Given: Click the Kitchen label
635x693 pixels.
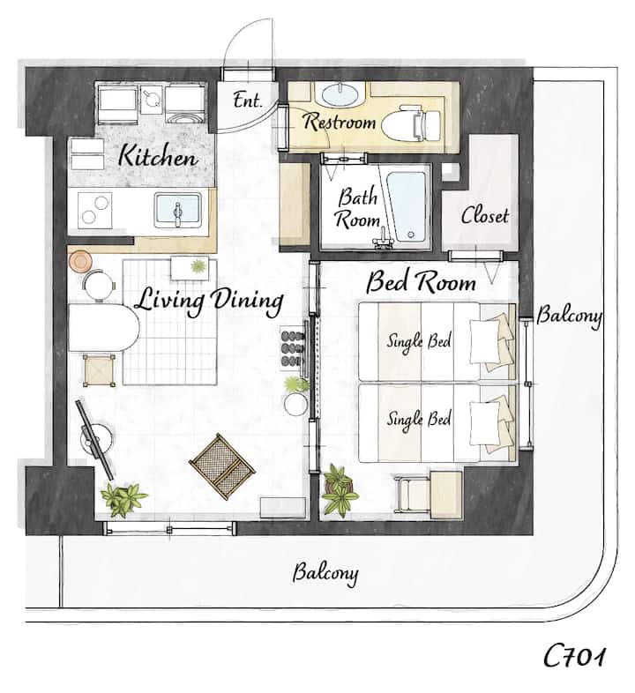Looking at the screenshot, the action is pyautogui.click(x=157, y=156).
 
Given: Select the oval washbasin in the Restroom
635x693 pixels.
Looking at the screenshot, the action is pyautogui.click(x=340, y=94).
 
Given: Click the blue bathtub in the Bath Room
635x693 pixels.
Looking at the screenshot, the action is pyautogui.click(x=406, y=206).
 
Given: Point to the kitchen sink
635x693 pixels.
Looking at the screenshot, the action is pyautogui.click(x=178, y=211).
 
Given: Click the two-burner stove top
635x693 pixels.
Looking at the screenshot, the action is pyautogui.click(x=94, y=211).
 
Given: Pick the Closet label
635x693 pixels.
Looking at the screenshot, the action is pyautogui.click(x=485, y=216).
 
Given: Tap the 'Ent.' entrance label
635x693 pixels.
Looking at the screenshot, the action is pyautogui.click(x=248, y=100).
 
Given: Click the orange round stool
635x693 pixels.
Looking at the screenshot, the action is pyautogui.click(x=80, y=261).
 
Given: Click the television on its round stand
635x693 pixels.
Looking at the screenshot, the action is pyautogui.click(x=94, y=440).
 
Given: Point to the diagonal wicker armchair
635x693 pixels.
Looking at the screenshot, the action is pyautogui.click(x=222, y=466).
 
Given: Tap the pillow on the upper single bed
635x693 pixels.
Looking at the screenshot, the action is pyautogui.click(x=485, y=341).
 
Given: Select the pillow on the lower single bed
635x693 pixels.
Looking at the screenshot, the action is pyautogui.click(x=485, y=422).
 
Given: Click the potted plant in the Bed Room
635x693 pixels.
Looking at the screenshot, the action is pyautogui.click(x=340, y=489).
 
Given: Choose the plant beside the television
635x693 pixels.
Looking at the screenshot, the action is pyautogui.click(x=123, y=499).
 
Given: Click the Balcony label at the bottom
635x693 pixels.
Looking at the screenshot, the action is pyautogui.click(x=325, y=574).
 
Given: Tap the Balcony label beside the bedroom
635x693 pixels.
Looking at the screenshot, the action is pyautogui.click(x=570, y=317).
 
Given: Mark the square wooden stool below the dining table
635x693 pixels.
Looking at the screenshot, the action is pyautogui.click(x=99, y=370).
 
